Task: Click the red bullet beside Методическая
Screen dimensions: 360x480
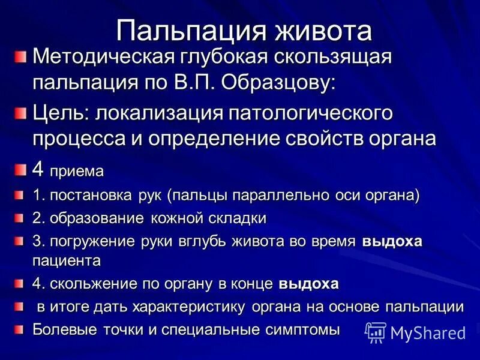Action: [x=21, y=57]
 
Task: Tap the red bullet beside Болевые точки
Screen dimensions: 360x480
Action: [x=20, y=329]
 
